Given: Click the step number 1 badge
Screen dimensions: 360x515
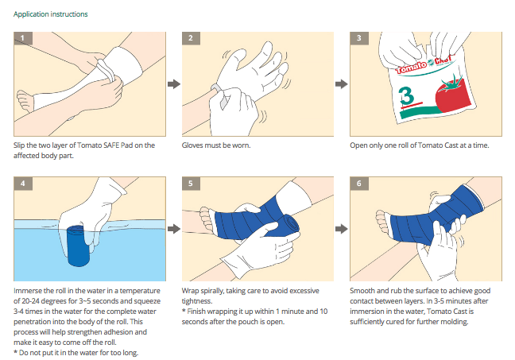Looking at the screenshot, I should [24, 38].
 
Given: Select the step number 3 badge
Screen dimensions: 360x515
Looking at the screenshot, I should [359, 38].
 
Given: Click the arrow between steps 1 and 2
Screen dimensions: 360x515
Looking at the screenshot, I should [173, 83].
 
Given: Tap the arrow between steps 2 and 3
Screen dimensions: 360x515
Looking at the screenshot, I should [341, 83].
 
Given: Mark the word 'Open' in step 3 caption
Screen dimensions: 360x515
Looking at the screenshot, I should [359, 146].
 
